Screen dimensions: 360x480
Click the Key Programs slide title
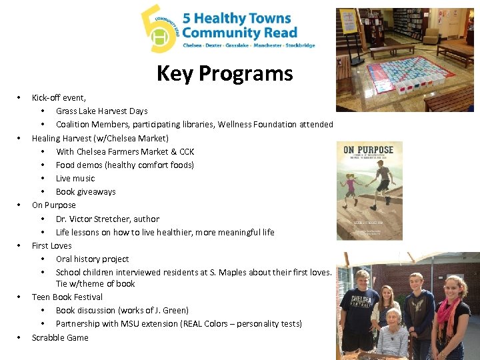tap(225, 73)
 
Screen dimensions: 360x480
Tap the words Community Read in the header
tap(239, 32)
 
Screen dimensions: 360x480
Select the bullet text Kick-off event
tap(59, 97)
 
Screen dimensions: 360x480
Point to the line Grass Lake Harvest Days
tap(101, 111)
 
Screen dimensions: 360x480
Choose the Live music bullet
tap(75, 178)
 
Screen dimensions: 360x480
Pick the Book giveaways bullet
tap(85, 191)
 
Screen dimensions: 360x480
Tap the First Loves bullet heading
tap(51, 245)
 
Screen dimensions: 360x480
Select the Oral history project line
tap(92, 259)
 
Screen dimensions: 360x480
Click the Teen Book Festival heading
tap(67, 297)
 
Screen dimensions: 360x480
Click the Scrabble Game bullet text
tap(60, 337)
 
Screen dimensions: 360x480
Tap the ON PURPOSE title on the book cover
tap(369, 151)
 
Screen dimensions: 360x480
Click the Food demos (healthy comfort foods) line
tap(125, 165)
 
